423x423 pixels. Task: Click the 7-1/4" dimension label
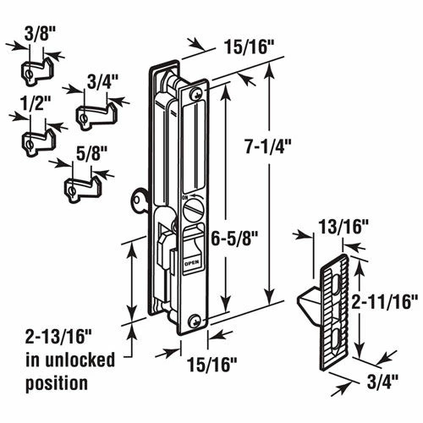point(267,146)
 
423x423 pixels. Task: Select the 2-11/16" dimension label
point(384,302)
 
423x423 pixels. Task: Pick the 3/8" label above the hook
point(37,34)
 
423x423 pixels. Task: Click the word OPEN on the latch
point(192,263)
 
